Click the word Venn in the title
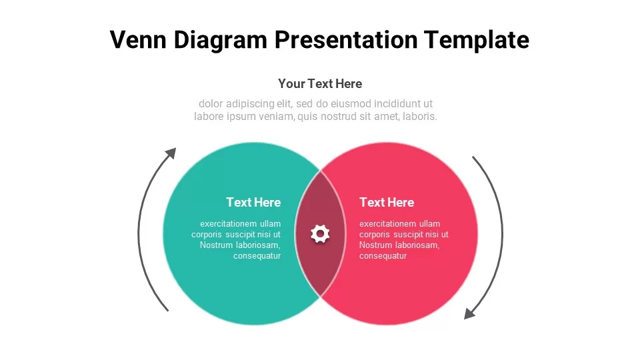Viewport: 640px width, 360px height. click(x=138, y=39)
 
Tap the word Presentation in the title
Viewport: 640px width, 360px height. click(x=346, y=39)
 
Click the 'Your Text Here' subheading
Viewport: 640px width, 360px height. click(x=320, y=84)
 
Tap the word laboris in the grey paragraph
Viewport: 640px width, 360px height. click(x=420, y=117)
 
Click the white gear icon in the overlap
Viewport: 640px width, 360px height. click(x=320, y=234)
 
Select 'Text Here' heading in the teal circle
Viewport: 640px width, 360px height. click(x=253, y=203)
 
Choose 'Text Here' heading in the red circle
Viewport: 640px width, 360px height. click(x=387, y=203)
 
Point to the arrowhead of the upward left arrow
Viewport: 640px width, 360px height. click(x=171, y=153)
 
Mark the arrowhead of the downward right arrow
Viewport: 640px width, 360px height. click(x=469, y=314)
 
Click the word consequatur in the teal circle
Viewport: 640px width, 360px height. click(x=257, y=256)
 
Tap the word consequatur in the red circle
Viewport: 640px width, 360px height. click(x=383, y=256)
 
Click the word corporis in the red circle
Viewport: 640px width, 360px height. click(x=374, y=235)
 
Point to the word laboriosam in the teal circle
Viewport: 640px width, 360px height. click(x=259, y=245)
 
